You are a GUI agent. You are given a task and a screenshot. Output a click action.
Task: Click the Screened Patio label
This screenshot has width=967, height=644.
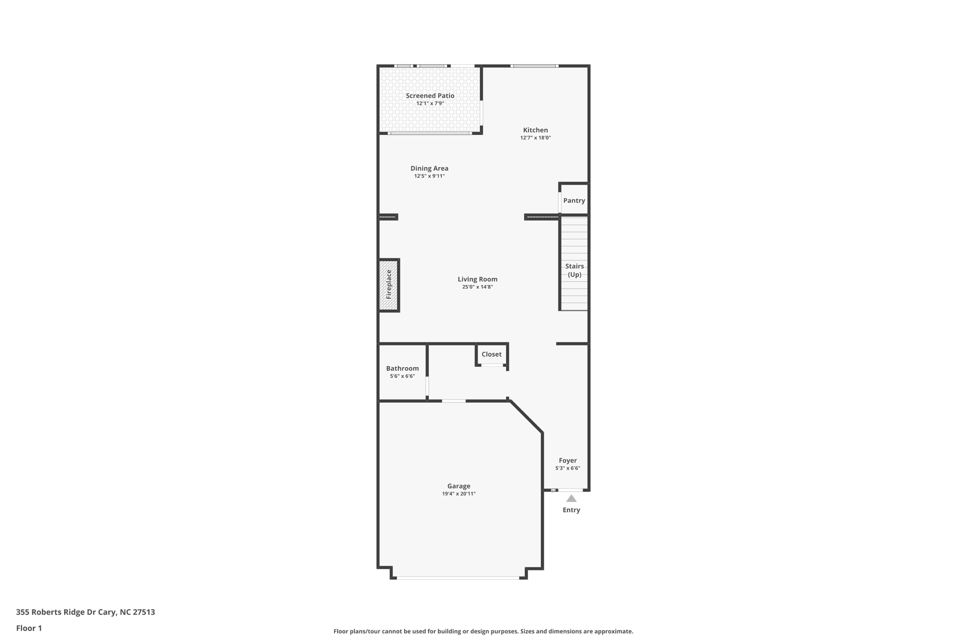[x=430, y=96]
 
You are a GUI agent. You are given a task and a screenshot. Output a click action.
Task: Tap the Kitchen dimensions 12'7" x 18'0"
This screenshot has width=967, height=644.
[x=535, y=138]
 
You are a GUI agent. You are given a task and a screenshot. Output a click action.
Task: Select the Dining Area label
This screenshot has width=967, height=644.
[x=429, y=168]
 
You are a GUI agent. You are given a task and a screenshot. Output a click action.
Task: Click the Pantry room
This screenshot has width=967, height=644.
[x=574, y=201]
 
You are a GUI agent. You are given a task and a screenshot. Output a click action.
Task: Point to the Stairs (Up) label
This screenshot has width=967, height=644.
[x=574, y=270]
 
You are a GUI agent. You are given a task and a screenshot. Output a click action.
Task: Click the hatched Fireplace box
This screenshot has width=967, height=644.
[x=389, y=284]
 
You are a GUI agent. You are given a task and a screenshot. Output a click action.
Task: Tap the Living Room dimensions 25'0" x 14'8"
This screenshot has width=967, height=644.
[x=477, y=287]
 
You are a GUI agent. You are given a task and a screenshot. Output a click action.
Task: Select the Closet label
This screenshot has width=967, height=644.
[x=492, y=354]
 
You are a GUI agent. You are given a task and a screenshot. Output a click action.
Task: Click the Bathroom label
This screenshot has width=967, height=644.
[x=402, y=368]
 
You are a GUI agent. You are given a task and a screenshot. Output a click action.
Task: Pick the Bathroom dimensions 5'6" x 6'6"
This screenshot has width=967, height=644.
[x=402, y=376]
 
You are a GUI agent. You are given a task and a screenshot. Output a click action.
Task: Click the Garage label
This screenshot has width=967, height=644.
[x=458, y=486]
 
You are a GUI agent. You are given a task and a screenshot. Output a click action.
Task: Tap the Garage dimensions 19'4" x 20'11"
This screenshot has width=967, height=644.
[x=458, y=494]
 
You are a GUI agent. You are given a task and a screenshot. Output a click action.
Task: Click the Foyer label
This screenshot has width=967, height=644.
[x=568, y=460]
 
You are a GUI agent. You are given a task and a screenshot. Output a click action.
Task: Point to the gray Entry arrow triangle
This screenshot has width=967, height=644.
[x=571, y=499]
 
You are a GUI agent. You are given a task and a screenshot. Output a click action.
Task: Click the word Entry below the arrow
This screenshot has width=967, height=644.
[x=571, y=510]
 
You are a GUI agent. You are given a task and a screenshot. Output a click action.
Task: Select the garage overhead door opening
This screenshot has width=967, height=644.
[x=458, y=577]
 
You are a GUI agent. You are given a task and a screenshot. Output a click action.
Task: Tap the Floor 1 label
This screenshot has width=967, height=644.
[x=29, y=628]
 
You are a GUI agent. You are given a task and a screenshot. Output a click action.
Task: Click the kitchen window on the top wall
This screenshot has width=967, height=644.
[x=534, y=66]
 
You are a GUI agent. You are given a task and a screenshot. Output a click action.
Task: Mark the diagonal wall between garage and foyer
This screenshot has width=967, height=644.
[x=526, y=417]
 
